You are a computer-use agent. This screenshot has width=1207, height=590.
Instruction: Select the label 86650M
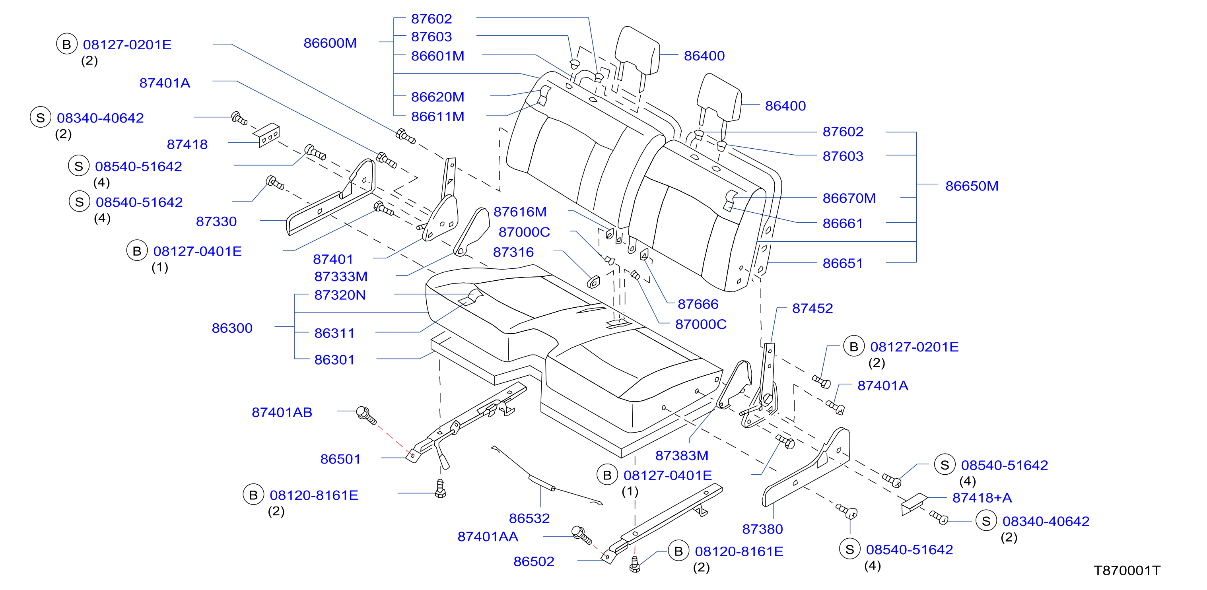[x=972, y=186]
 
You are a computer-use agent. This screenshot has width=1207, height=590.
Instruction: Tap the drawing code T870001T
[x=1127, y=571]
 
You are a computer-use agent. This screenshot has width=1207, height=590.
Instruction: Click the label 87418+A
[x=982, y=498]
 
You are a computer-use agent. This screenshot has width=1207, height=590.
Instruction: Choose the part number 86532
[x=529, y=518]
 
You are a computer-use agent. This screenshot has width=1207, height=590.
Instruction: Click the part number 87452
[x=812, y=308]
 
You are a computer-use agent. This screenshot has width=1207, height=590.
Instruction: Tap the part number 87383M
[x=681, y=455]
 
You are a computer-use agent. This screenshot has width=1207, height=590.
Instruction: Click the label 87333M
[x=341, y=276]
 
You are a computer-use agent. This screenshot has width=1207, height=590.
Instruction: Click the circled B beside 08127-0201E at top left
[x=66, y=44]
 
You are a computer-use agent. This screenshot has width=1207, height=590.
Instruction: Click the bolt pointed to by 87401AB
[x=366, y=415]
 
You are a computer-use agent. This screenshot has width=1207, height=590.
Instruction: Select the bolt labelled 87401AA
[x=582, y=535]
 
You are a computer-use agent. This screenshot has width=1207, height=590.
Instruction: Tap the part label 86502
[x=534, y=561]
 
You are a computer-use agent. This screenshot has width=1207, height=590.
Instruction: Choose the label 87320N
[x=340, y=295]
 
